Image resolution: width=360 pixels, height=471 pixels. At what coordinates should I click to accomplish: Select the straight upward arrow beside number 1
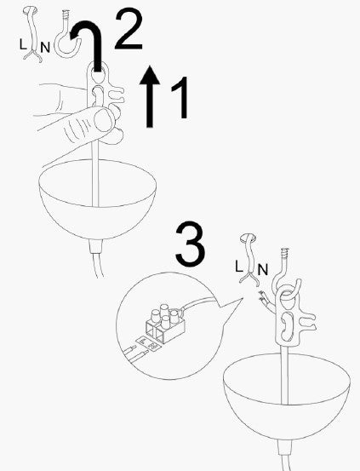pos(151,99)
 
